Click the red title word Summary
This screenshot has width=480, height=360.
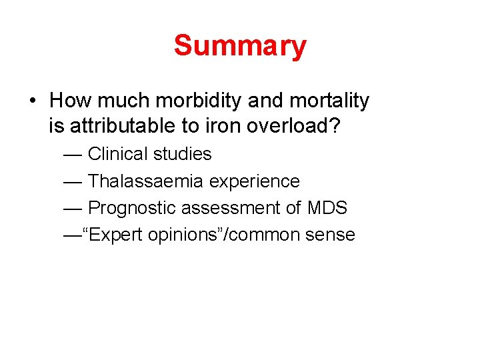[240, 46]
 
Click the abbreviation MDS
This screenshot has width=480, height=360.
[327, 208]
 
